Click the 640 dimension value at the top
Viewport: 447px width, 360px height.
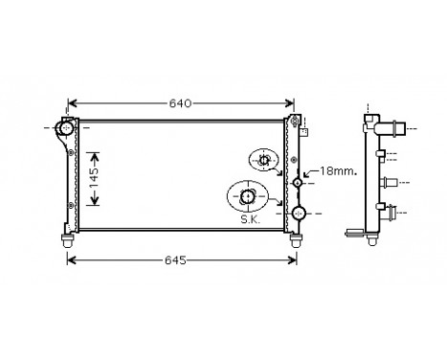182,103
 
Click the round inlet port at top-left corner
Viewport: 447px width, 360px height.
66,127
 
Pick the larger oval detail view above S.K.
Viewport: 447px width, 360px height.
249,196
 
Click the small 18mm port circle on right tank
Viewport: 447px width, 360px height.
300,182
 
